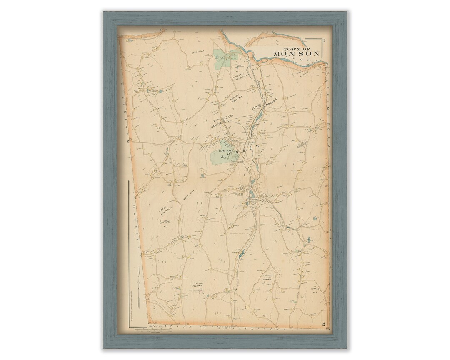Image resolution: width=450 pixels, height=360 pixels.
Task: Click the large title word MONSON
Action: pos(297,54)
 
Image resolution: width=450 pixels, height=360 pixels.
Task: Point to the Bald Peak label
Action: pos(196,53)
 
